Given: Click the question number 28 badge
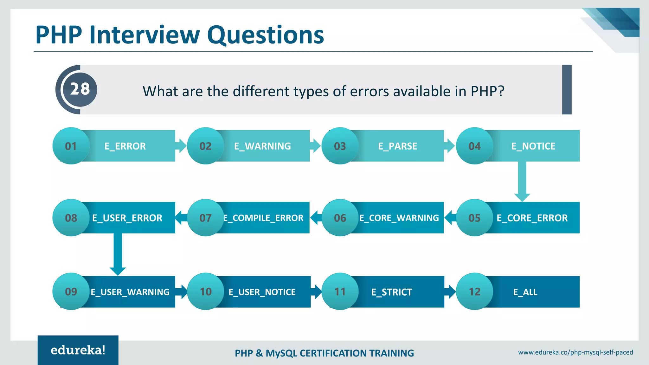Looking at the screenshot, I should (80, 89).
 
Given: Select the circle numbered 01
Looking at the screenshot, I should (71, 146).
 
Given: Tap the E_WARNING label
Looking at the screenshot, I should (262, 146).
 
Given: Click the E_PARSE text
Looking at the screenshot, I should (398, 146).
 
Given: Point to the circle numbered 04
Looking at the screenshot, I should (474, 146).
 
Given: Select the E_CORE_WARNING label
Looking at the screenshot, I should (399, 218).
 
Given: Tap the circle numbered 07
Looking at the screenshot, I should (206, 218).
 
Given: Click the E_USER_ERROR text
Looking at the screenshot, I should (127, 218).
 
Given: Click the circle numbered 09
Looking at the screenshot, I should (71, 291).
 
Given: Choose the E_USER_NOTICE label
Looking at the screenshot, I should (262, 292).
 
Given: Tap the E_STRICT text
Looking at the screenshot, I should (392, 292).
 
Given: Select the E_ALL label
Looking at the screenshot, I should (525, 292).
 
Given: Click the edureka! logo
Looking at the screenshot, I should (78, 350).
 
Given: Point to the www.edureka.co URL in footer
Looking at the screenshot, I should (575, 352).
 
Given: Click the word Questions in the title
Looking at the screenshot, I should (265, 35).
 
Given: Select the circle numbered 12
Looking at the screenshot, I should (474, 291).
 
